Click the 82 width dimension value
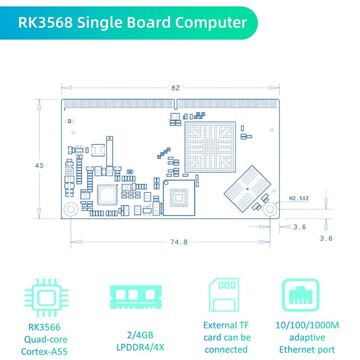pyautogui.click(x=175, y=88)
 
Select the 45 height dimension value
pyautogui.click(x=39, y=166)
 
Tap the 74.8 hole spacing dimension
pyautogui.click(x=179, y=242)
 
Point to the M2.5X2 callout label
pyautogui.click(x=299, y=198)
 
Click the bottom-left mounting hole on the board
pyautogui.click(x=71, y=209)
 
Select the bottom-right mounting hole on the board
pyautogui.click(x=270, y=209)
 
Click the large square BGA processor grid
pyautogui.click(x=210, y=147)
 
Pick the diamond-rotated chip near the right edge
pyautogui.click(x=247, y=189)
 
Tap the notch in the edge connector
pyautogui.click(x=175, y=104)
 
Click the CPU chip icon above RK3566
pyautogui.click(x=46, y=298)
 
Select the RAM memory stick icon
pyautogui.click(x=136, y=297)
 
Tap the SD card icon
pyautogui.click(x=224, y=295)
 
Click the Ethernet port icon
pyautogui.click(x=301, y=295)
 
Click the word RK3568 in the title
pyautogui.click(x=45, y=22)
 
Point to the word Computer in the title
pyautogui.click(x=211, y=22)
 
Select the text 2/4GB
pyautogui.click(x=140, y=335)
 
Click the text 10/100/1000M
pyautogui.click(x=307, y=325)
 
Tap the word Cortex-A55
pyautogui.click(x=44, y=351)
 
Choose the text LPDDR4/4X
pyautogui.click(x=140, y=347)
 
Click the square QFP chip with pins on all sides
pyautogui.click(x=107, y=195)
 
